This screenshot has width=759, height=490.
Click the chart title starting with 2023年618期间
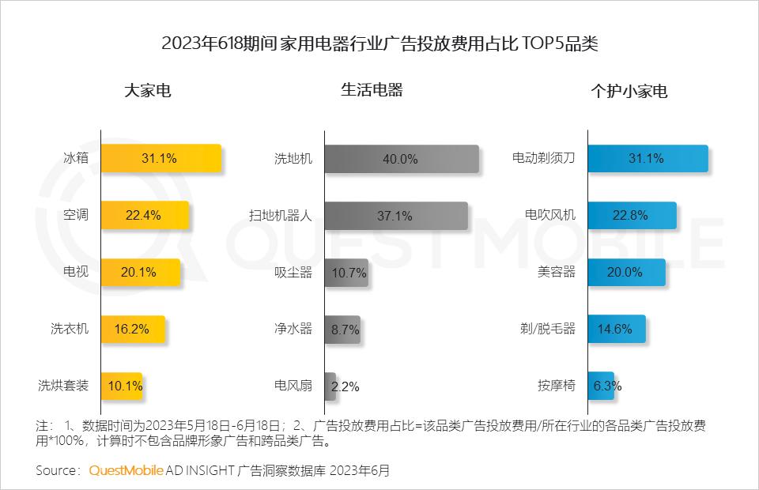[379, 43]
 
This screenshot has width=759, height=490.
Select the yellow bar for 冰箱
[160, 158]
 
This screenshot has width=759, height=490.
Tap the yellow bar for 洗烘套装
[122, 386]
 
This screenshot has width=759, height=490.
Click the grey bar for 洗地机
[401, 159]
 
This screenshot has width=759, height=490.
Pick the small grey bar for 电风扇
[330, 386]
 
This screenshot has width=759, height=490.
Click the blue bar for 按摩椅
[601, 386]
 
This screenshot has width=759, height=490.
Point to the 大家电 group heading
[148, 91]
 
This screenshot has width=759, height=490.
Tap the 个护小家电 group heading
[629, 91]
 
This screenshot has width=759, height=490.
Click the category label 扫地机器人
[281, 216]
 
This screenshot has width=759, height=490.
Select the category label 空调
[76, 216]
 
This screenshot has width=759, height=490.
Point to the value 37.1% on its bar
[395, 216]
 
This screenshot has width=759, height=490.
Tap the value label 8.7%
[345, 330]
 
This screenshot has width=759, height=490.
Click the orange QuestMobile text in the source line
[126, 470]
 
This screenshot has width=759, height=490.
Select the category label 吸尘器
[293, 273]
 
